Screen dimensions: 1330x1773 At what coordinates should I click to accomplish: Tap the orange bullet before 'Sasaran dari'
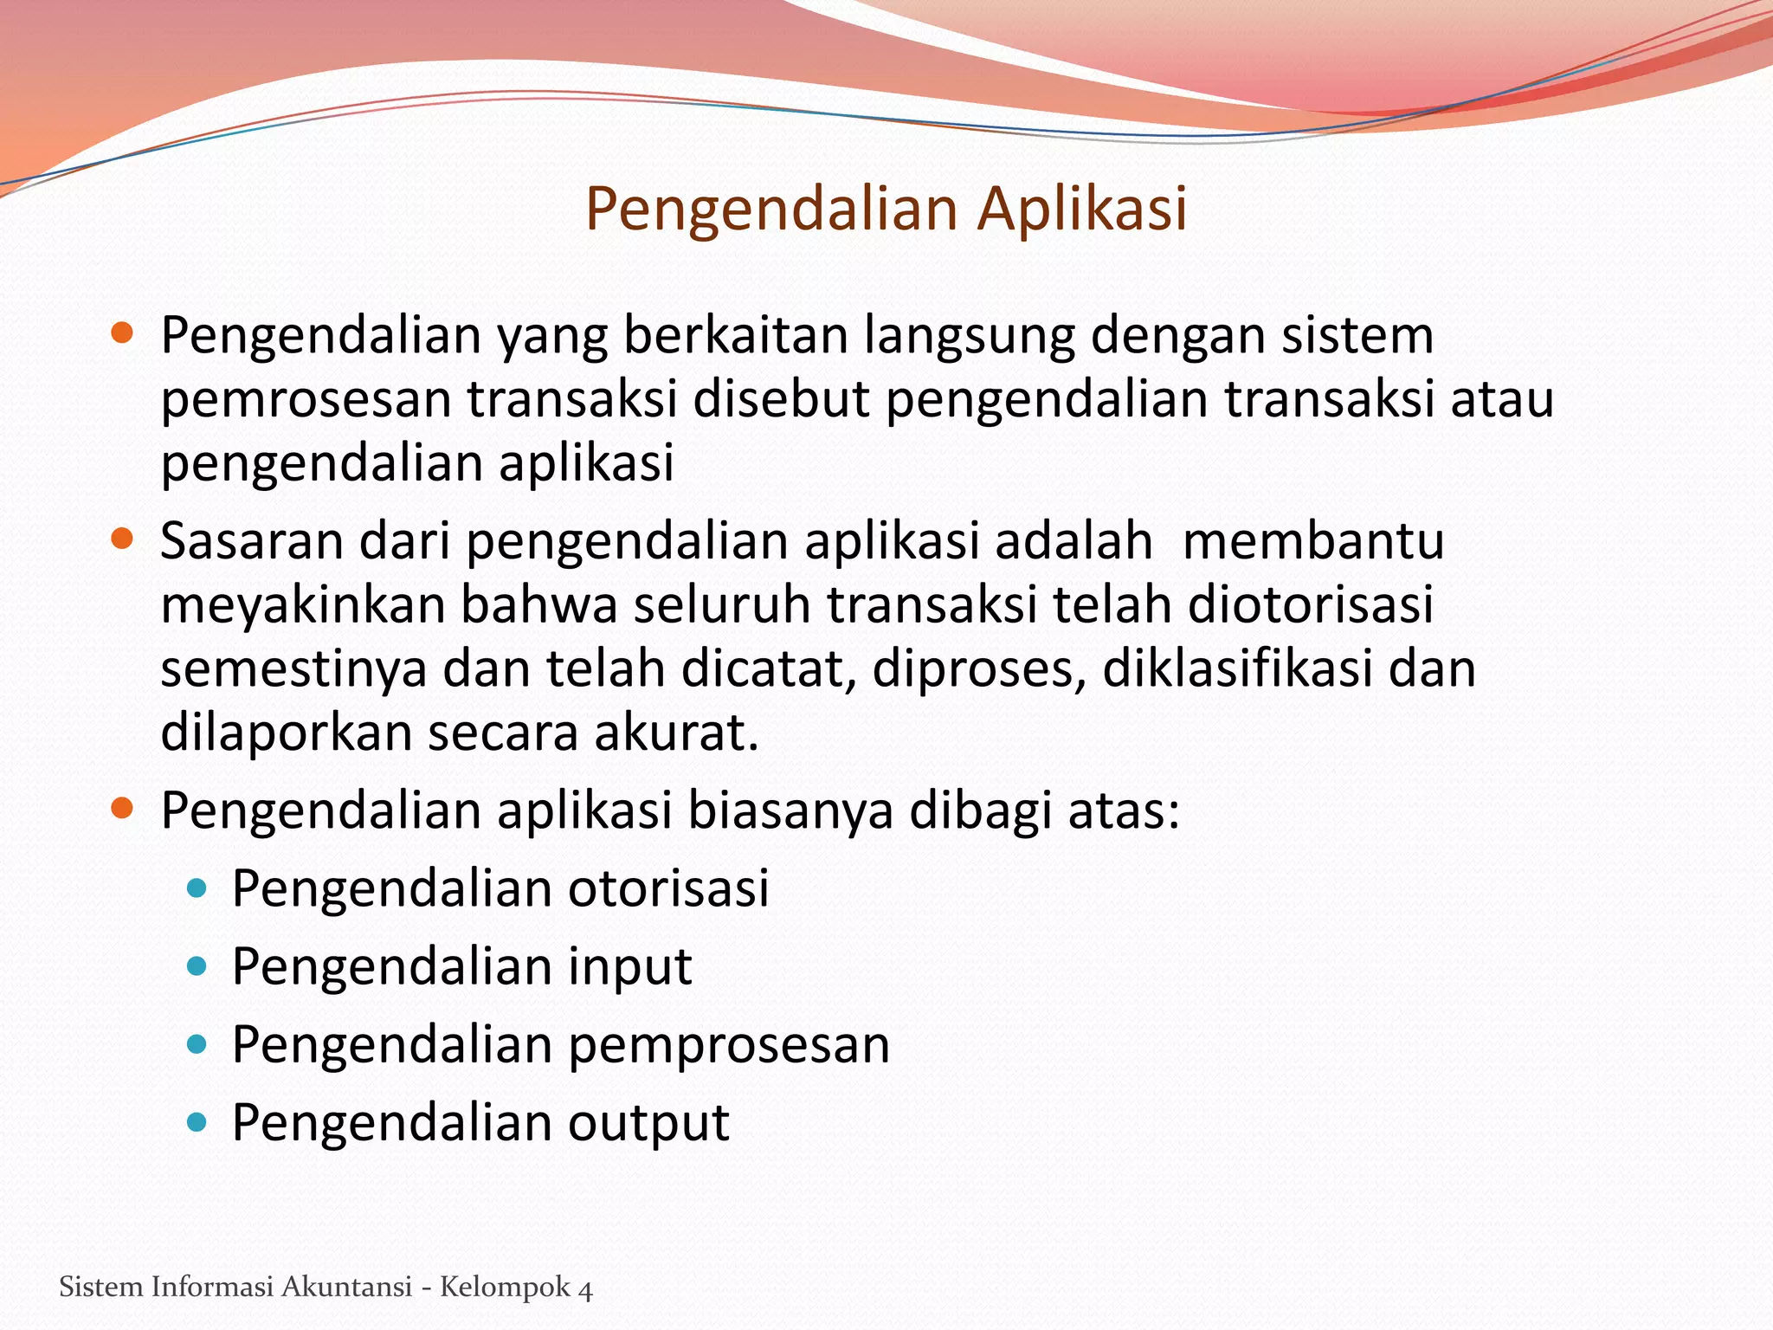point(122,539)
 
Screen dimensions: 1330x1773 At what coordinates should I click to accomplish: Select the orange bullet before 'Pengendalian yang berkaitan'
point(122,333)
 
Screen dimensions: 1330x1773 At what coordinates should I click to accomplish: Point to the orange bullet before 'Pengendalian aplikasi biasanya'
point(122,809)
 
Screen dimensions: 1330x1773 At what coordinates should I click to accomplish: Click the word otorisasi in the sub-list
point(668,888)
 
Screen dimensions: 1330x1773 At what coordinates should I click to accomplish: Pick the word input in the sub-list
point(629,966)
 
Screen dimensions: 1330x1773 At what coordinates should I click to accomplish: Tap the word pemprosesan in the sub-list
point(729,1044)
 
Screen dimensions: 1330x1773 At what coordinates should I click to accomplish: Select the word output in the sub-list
point(648,1123)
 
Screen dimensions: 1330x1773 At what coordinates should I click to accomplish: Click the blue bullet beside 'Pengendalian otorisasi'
point(197,888)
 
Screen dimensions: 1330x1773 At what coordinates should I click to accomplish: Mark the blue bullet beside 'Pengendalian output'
point(197,1122)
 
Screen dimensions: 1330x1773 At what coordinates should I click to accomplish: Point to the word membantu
point(1312,540)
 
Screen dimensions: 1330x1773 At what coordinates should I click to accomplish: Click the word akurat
point(675,733)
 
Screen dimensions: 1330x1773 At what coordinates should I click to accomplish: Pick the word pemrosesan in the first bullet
point(306,400)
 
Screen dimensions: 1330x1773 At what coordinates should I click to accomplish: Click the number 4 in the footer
point(585,1288)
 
